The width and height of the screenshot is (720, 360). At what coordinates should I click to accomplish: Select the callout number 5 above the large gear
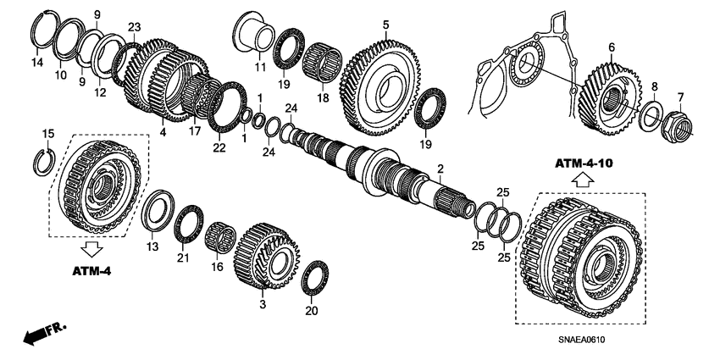(x=385, y=25)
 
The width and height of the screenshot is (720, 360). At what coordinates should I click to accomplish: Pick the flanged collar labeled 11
(x=252, y=38)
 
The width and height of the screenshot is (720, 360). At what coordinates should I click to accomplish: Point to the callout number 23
(x=133, y=27)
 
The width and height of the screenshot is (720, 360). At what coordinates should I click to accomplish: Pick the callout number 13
(x=152, y=246)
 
